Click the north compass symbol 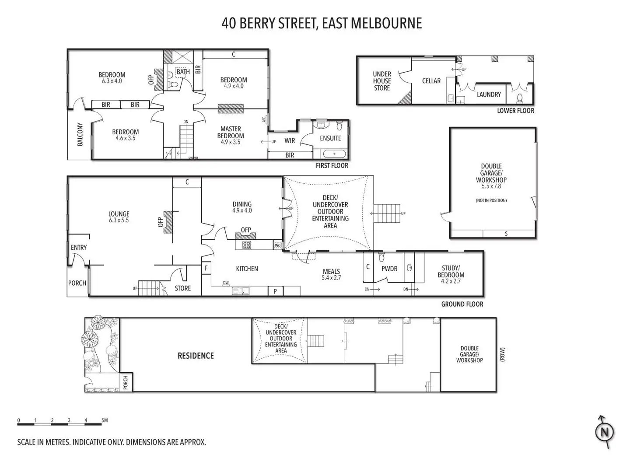tap(605, 432)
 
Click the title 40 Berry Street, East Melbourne tap(322, 23)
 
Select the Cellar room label tap(431, 81)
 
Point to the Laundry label tap(489, 94)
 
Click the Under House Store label tap(382, 81)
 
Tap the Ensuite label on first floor tap(330, 138)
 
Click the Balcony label tap(80, 134)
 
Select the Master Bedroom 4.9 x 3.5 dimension tap(231, 142)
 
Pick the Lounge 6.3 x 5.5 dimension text tap(119, 220)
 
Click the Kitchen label tap(247, 269)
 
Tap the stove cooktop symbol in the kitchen tap(246, 245)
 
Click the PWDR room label tap(389, 269)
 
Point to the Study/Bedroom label tap(451, 272)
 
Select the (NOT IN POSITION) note tap(491, 200)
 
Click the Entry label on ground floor tap(79, 248)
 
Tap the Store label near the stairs tap(182, 288)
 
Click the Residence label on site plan tap(196, 356)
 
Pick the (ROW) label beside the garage tap(503, 354)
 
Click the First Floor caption tap(332, 165)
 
